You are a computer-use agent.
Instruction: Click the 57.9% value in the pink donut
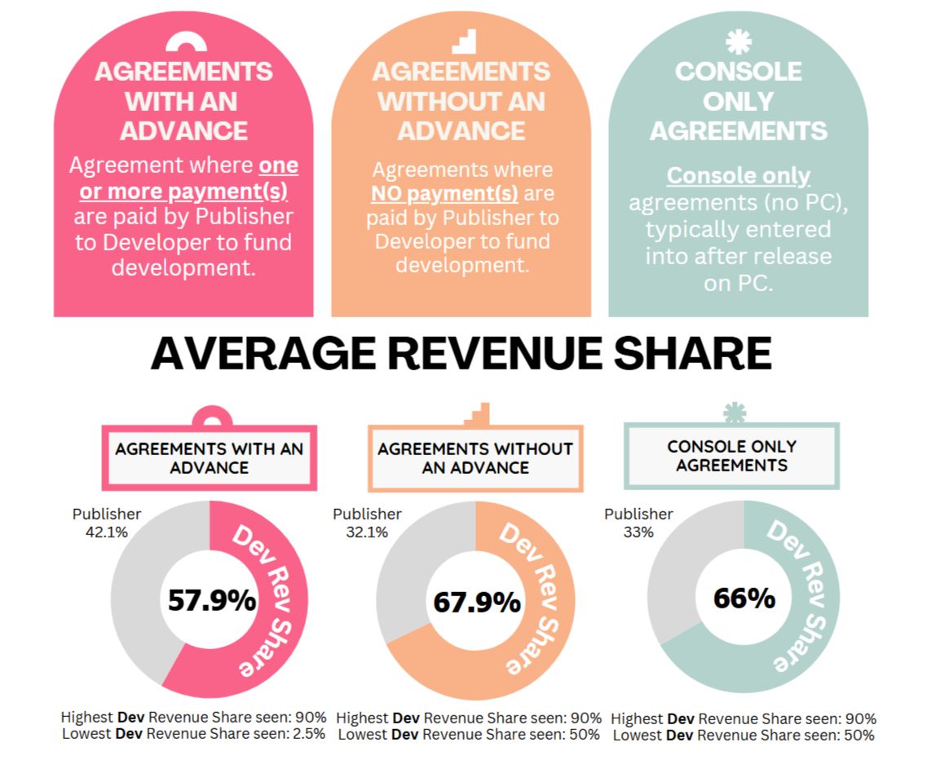click(212, 601)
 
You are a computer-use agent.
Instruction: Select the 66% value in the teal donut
click(743, 599)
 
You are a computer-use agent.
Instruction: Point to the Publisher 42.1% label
click(107, 522)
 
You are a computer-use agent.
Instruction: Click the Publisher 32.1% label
click(367, 522)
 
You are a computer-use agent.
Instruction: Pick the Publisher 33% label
click(638, 522)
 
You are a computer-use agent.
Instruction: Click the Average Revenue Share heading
click(461, 354)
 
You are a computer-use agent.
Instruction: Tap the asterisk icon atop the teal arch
click(738, 42)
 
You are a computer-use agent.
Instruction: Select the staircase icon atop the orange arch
click(462, 42)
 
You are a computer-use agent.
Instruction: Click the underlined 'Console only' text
click(738, 175)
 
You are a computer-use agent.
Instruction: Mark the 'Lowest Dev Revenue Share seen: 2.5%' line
click(194, 733)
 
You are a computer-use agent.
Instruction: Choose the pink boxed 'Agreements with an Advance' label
click(209, 458)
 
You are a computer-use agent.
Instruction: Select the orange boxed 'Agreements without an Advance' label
click(475, 458)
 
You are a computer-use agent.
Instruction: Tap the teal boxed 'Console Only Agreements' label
click(731, 456)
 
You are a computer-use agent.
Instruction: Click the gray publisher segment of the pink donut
click(139, 595)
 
